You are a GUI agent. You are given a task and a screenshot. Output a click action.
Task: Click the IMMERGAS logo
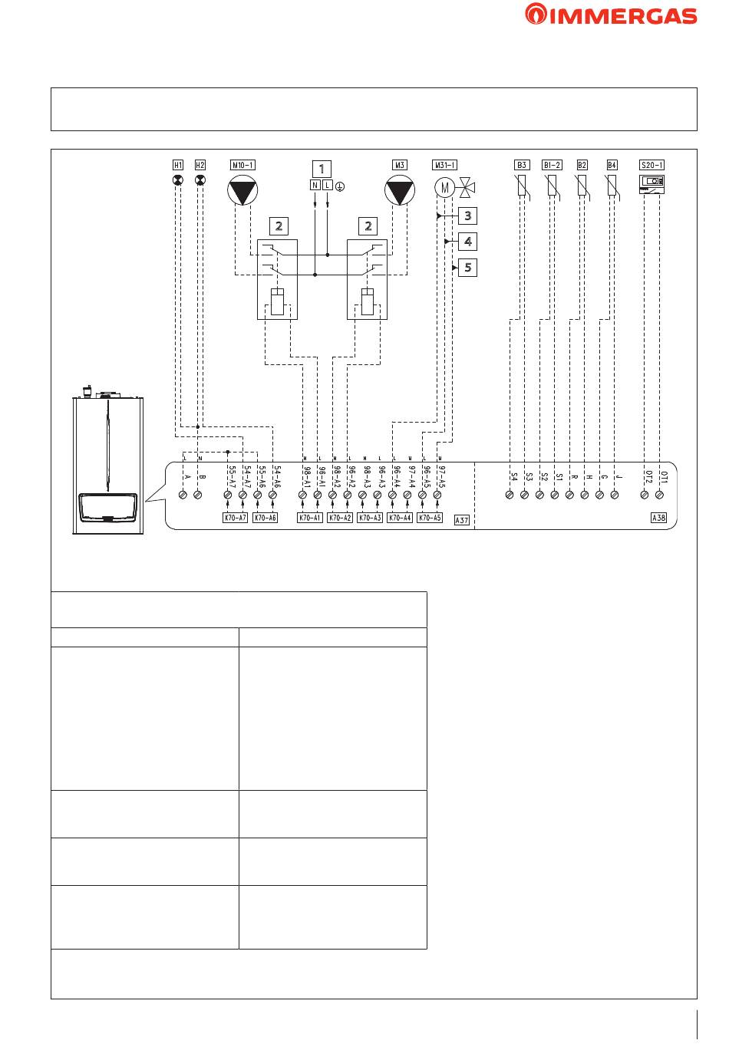(x=611, y=15)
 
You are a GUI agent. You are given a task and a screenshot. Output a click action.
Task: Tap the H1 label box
(x=178, y=165)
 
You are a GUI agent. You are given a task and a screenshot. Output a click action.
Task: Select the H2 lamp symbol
(x=200, y=181)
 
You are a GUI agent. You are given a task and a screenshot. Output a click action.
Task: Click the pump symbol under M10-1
(x=242, y=191)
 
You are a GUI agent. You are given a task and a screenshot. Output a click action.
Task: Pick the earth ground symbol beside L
(x=340, y=186)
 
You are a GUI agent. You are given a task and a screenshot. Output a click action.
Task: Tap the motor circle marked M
(x=444, y=186)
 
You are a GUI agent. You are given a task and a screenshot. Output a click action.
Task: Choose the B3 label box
(x=521, y=165)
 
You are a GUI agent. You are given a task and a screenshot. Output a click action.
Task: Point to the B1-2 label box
(x=552, y=165)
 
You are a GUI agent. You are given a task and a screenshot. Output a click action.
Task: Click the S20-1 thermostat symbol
(x=651, y=183)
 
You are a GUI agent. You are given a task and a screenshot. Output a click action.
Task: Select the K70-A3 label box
(x=370, y=518)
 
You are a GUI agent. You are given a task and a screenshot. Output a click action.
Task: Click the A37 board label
(x=462, y=520)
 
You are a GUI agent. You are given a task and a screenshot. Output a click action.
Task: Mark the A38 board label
(x=658, y=518)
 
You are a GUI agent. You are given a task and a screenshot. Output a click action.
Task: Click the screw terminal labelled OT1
(x=660, y=496)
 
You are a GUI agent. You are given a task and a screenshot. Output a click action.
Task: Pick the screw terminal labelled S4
(x=510, y=496)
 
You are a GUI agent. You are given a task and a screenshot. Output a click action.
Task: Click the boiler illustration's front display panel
(x=107, y=508)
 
